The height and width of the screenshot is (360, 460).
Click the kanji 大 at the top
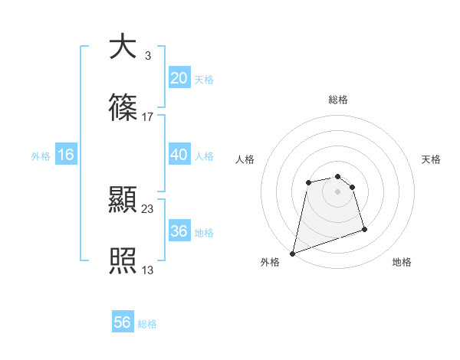(123, 47)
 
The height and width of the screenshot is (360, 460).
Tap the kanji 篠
(123, 109)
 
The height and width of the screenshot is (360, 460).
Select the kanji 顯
(123, 201)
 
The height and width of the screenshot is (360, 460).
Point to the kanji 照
(123, 262)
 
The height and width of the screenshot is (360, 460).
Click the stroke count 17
(147, 117)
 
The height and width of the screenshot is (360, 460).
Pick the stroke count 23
(147, 208)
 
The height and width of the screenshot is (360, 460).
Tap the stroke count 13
(147, 270)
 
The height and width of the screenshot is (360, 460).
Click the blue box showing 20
(179, 78)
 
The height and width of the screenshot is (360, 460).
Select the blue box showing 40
(179, 155)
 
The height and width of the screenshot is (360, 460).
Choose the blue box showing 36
(179, 231)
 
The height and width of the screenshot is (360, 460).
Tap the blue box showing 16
(66, 155)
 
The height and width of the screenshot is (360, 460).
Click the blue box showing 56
(123, 322)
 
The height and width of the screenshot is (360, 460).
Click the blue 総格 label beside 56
(147, 324)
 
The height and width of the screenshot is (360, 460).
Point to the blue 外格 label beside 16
(41, 155)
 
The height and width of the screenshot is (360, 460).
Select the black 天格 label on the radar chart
(431, 159)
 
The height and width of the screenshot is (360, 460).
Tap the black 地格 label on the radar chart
(402, 262)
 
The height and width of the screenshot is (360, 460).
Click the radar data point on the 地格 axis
(364, 229)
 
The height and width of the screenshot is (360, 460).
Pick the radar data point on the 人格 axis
(308, 182)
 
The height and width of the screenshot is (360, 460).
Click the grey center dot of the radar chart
(337, 191)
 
